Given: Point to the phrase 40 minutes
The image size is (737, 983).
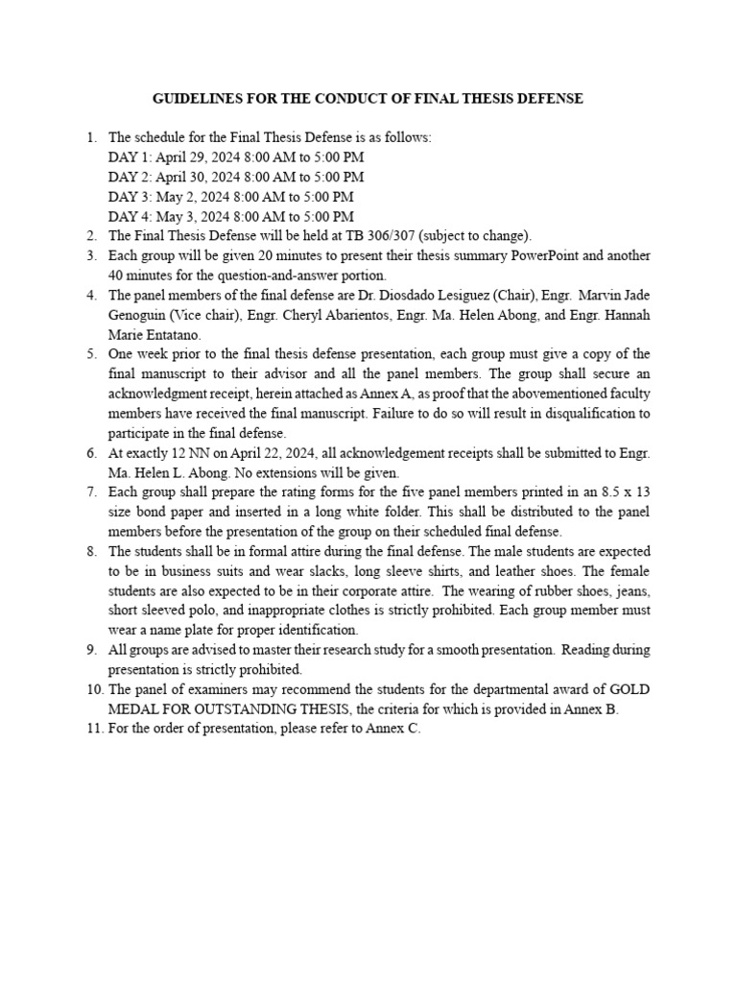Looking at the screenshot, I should click(x=141, y=276).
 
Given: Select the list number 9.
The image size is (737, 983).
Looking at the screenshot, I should click(x=92, y=651).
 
